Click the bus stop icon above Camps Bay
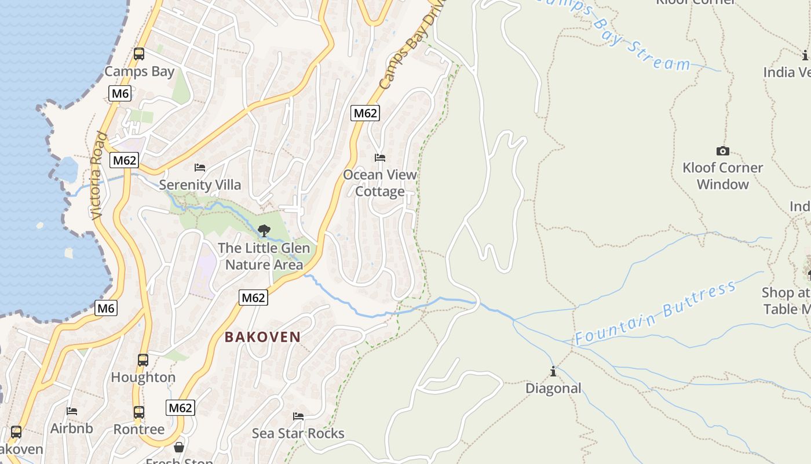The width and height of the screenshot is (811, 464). click(139, 54)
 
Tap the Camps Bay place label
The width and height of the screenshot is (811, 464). click(139, 72)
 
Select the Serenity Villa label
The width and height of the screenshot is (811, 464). click(200, 185)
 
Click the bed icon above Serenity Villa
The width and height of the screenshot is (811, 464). click(200, 168)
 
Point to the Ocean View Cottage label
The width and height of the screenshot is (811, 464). click(380, 183)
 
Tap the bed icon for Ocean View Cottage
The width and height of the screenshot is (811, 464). click(380, 158)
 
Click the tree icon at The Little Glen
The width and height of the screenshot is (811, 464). click(264, 231)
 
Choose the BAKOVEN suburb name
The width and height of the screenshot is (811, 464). click(262, 337)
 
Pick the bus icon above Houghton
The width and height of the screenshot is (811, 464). click(143, 360)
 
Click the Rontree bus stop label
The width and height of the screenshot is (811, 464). click(139, 429)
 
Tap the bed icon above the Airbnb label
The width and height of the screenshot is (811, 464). click(72, 411)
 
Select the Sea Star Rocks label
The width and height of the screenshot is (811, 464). click(298, 434)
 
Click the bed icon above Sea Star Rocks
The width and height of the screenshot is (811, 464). click(298, 416)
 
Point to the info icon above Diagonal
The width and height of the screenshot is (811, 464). click(553, 371)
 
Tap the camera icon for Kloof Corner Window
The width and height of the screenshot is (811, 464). click(722, 151)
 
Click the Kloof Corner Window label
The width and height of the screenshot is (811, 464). click(722, 176)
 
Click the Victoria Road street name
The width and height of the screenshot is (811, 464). click(99, 176)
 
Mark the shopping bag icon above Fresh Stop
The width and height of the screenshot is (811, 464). click(180, 447)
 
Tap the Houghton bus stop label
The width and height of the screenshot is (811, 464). click(143, 378)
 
